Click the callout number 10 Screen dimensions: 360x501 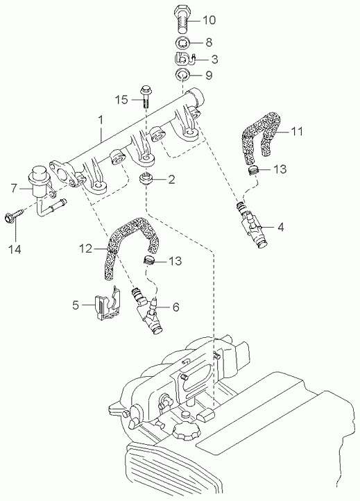coord(209,20)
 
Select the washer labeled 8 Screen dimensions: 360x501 coord(182,42)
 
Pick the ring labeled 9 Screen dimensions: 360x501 coord(182,75)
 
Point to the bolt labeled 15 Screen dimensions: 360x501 coord(146,96)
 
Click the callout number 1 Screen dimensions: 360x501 coord(101,120)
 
